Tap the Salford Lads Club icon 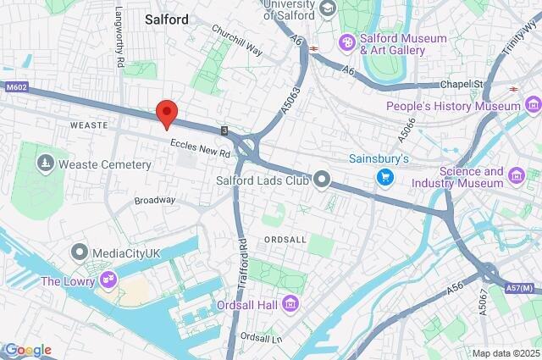(x=322, y=178)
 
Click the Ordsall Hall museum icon (x=290, y=302)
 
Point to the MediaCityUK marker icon (x=80, y=252)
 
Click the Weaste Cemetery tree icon (x=41, y=161)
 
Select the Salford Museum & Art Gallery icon (x=346, y=42)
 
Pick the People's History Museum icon (x=533, y=106)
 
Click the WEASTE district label (x=89, y=125)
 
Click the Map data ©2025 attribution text (x=506, y=353)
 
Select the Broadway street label (x=155, y=201)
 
